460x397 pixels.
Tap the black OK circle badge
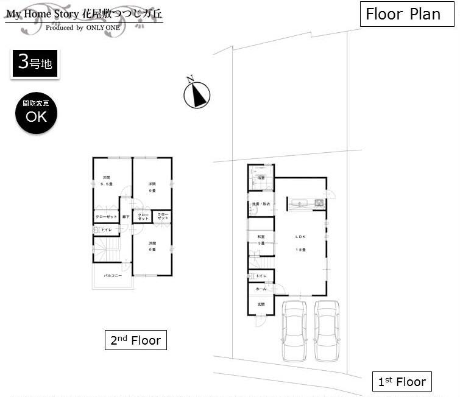point(36,114)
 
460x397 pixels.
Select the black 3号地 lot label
point(35,63)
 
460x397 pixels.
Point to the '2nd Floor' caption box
point(135,340)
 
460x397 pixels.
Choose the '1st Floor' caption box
point(402,382)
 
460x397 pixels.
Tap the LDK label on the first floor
point(300,237)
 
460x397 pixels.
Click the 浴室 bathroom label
point(260,178)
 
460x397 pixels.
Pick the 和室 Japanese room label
point(260,237)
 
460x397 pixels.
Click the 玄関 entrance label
point(260,304)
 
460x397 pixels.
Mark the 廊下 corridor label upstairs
point(125,217)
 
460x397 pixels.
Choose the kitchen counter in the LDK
point(301,203)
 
